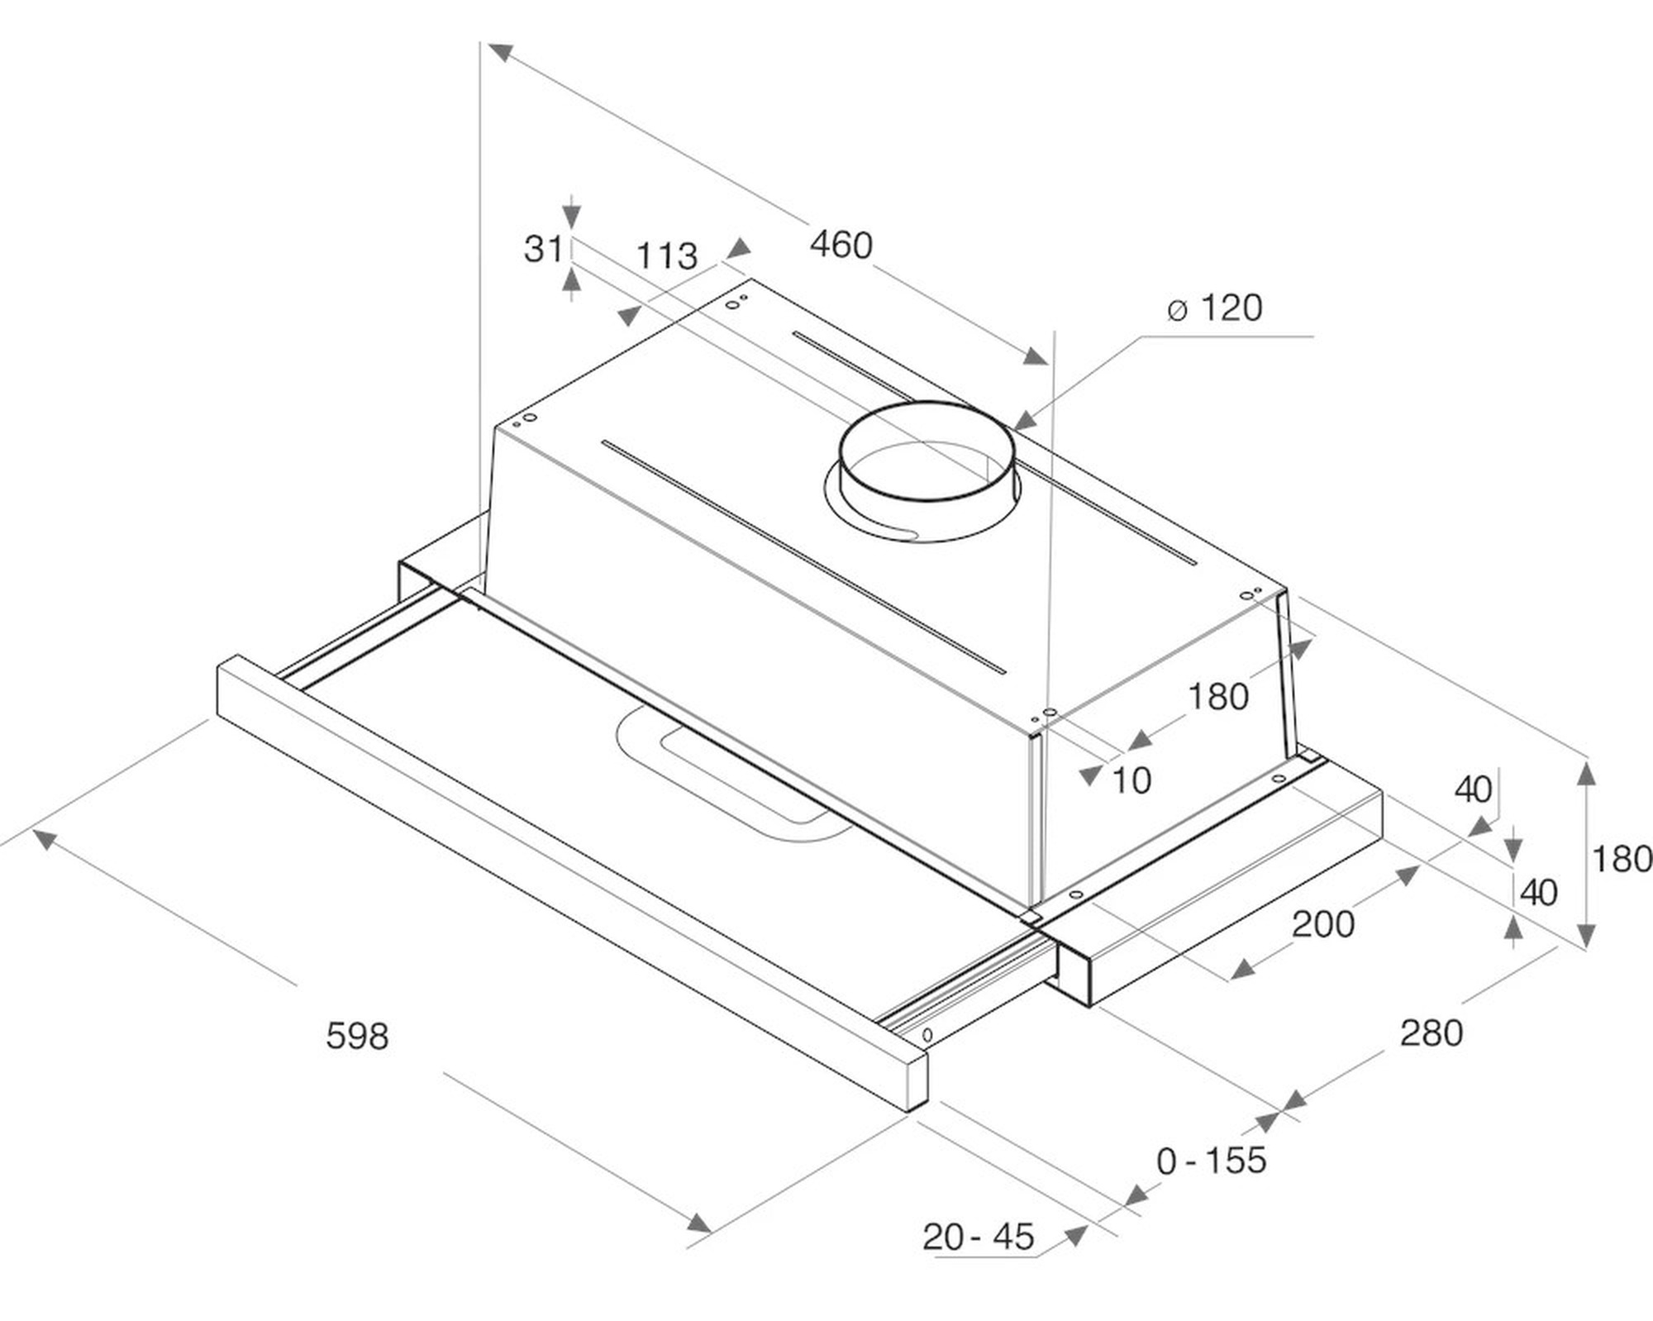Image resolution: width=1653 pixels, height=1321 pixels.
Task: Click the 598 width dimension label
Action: click(357, 1035)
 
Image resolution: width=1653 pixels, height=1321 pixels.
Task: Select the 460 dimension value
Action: click(841, 245)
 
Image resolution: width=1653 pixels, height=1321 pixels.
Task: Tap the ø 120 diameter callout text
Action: click(1214, 308)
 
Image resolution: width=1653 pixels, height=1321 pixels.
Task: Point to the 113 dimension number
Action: click(666, 255)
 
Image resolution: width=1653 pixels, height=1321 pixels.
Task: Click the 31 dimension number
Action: click(543, 248)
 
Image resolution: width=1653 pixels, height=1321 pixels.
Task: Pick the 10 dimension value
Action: click(1131, 780)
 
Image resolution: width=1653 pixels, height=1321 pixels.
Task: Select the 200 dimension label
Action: click(1323, 924)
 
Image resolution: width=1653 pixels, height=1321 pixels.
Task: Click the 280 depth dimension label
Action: click(1431, 1032)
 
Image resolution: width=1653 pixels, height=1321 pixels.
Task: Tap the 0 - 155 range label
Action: click(1212, 1161)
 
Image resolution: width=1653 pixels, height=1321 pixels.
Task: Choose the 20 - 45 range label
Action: click(979, 1237)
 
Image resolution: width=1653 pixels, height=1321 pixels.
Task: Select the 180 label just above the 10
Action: click(1218, 697)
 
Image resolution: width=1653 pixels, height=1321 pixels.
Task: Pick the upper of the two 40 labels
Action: click(1473, 789)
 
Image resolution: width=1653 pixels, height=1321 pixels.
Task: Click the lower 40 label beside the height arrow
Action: click(1539, 892)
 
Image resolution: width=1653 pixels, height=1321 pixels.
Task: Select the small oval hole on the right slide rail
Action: click(927, 1035)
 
